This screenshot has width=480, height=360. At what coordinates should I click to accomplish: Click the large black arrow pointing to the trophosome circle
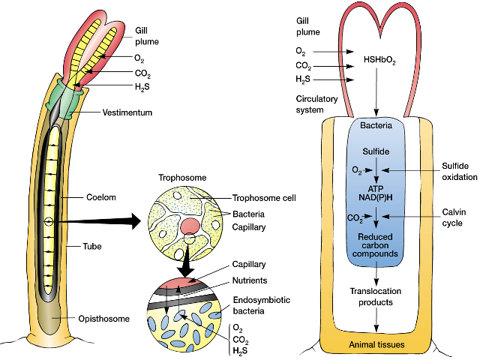pos(105,221)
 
